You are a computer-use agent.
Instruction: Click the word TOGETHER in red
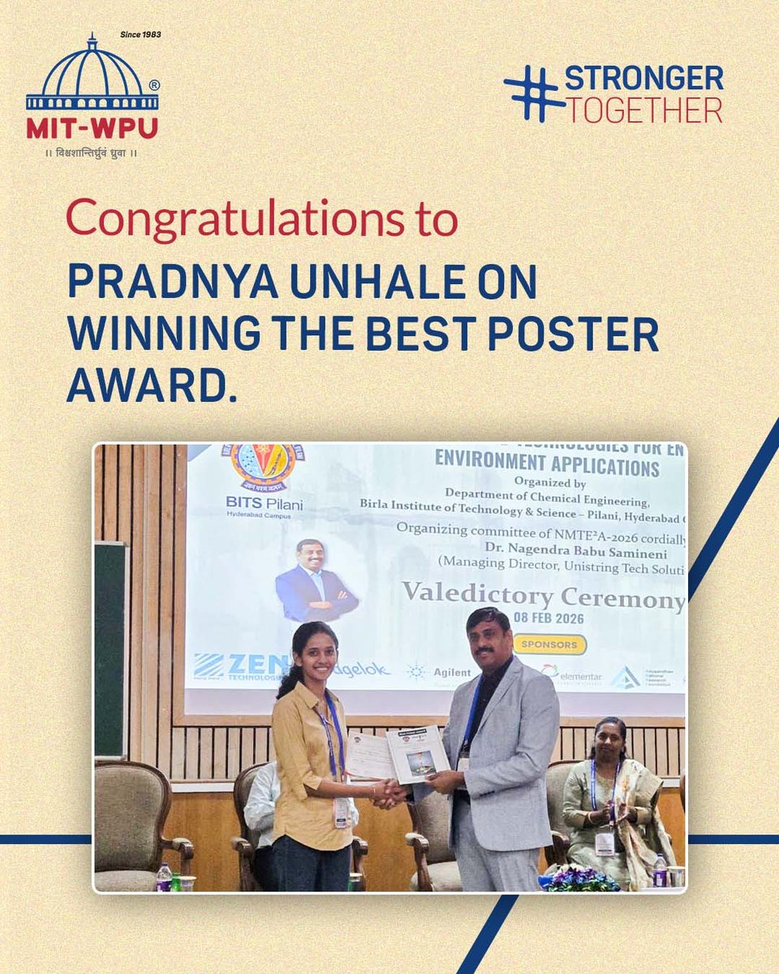coord(643,110)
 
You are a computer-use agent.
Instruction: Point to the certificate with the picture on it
coord(418,752)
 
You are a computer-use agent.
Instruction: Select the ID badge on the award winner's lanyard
coord(342,812)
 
